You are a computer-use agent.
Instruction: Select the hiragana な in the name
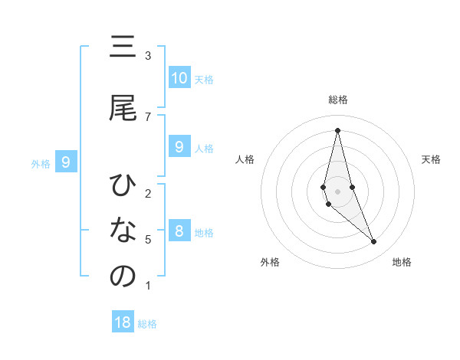click(123, 231)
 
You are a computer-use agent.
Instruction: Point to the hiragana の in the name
click(123, 277)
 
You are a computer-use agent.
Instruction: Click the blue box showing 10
click(179, 78)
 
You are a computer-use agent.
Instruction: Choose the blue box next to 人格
click(179, 147)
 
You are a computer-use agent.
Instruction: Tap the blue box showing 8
click(179, 231)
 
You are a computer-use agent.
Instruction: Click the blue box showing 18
click(123, 322)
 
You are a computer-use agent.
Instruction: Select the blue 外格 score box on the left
click(67, 162)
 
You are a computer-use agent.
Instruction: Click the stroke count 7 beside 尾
click(148, 116)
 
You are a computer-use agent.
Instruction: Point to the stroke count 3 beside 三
click(148, 56)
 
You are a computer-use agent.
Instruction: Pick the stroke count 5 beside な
click(148, 240)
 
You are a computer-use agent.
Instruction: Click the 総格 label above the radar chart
click(337, 100)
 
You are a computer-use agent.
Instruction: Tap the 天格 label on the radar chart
click(432, 159)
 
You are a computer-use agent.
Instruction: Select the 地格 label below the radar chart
click(402, 262)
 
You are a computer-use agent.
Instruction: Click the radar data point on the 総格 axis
click(337, 130)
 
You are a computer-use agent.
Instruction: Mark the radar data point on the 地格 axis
click(373, 242)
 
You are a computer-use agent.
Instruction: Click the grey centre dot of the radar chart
click(337, 191)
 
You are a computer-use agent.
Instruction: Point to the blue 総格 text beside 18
click(148, 324)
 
